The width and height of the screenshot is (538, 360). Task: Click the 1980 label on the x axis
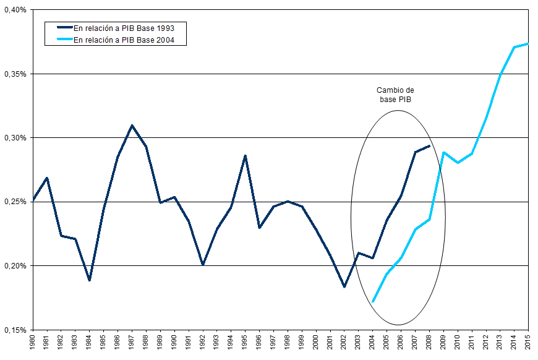33,343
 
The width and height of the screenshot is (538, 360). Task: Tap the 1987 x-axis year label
132,343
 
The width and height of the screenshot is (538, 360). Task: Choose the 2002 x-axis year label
344,343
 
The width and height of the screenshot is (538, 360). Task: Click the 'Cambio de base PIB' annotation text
395,95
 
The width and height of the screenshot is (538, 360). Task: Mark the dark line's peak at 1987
132,126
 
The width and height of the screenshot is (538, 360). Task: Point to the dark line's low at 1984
90,280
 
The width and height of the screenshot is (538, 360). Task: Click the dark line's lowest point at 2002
344,287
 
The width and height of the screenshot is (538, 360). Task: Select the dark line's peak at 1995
246,156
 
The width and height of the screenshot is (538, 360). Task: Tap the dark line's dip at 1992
203,265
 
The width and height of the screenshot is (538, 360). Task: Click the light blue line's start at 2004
373,301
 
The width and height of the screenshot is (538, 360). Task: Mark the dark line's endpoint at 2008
429,146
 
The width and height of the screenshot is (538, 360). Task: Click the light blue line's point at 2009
443,152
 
